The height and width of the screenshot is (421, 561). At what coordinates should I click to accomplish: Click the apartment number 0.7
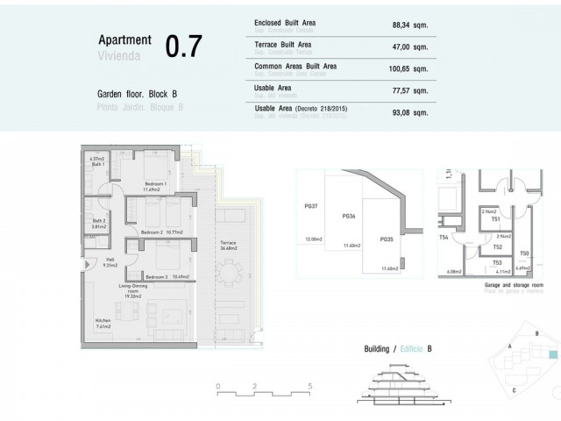tap(184, 46)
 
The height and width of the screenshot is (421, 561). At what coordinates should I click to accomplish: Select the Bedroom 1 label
tap(133, 184)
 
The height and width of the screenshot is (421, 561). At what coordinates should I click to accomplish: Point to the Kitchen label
tap(103, 321)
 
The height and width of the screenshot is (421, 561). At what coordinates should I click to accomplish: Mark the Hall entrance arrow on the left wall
tap(86, 264)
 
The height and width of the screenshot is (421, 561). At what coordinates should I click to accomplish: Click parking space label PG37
tap(310, 206)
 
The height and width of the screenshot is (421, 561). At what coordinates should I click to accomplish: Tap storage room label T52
tap(497, 248)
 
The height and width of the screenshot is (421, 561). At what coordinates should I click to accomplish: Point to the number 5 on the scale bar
tap(310, 386)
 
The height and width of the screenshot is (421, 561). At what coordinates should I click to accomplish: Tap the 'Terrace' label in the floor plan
tap(228, 241)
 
